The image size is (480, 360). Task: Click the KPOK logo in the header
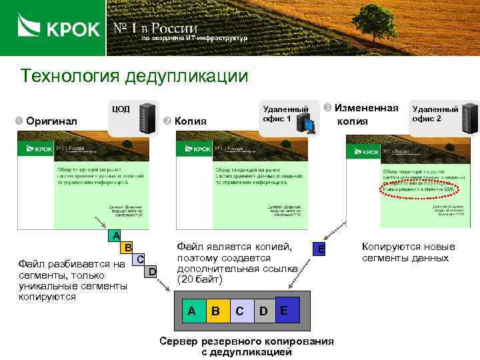59,28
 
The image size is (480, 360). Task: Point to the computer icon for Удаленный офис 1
307,122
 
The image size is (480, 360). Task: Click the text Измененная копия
366,114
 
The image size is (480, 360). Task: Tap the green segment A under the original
116,235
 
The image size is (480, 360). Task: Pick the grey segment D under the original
152,271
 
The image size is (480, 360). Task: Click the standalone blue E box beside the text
321,249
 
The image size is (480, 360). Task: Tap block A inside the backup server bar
192,311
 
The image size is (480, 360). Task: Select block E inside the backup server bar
285,310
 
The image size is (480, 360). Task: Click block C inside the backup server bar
239,311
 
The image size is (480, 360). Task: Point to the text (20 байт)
198,279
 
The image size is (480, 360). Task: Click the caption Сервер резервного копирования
247,341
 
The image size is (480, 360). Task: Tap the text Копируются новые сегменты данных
408,252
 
